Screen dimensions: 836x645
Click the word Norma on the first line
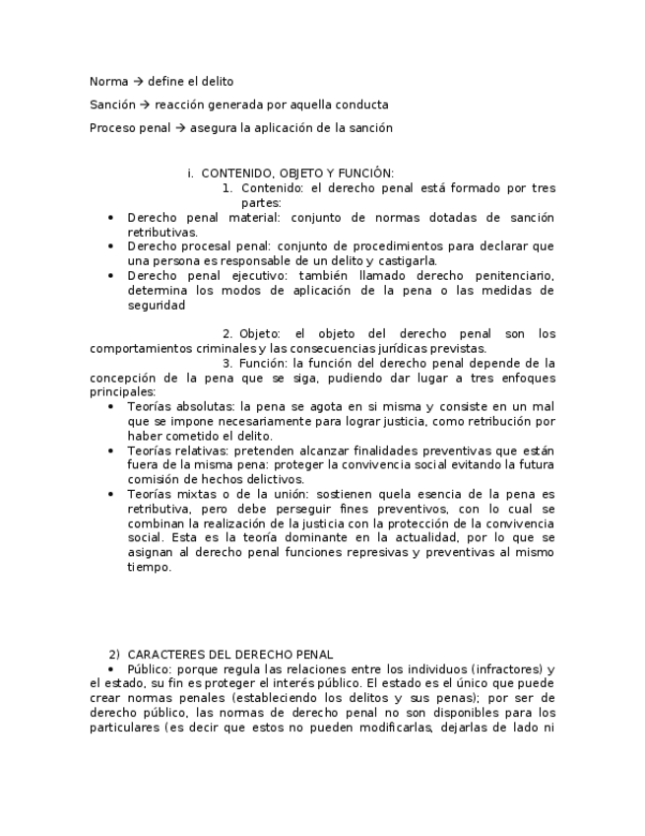[108, 81]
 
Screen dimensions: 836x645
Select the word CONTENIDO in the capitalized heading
[234, 173]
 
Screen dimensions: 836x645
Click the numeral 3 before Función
[226, 363]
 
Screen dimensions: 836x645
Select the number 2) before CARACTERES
[114, 654]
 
